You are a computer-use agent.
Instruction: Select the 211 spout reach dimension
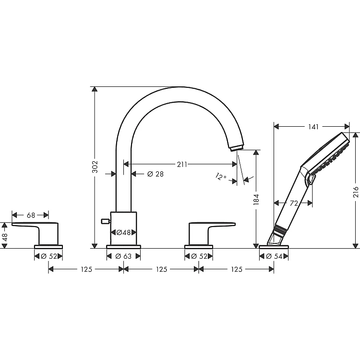pos(182,164)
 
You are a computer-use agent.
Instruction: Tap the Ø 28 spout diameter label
pos(156,174)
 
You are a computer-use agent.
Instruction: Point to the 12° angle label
pos(221,177)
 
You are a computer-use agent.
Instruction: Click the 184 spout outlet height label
pos(256,199)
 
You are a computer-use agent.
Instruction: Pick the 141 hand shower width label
pos(313,127)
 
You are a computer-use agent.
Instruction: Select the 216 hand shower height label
pos(356,192)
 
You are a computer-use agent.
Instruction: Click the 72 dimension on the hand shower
pos(294,203)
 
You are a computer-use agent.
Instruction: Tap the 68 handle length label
pos(31,215)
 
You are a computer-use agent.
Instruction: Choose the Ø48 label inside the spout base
pos(123,233)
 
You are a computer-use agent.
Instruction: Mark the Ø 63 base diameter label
pos(123,256)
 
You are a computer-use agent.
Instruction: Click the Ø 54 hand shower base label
pos(274,256)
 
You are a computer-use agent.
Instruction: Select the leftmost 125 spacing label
pos(86,269)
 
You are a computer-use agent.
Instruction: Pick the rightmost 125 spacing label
pos(237,269)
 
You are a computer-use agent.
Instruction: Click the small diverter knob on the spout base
pos(106,221)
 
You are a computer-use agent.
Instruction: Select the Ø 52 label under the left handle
pos(48,256)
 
